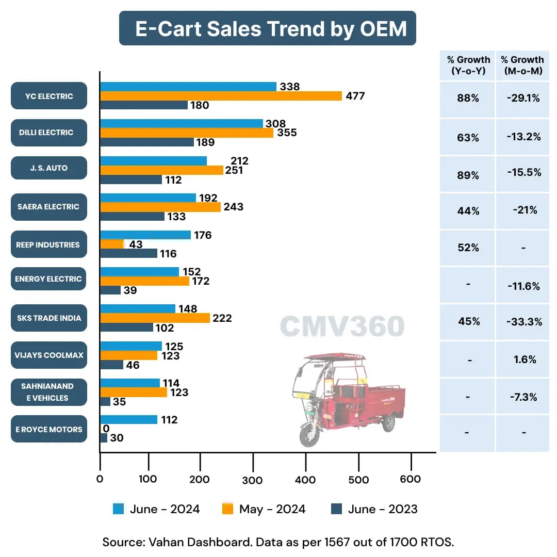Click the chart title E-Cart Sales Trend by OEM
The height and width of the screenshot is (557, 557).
(x=267, y=28)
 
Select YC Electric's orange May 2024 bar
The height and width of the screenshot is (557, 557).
(x=221, y=96)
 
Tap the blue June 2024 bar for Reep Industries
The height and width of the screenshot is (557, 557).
(x=145, y=235)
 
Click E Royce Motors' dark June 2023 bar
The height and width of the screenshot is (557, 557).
(x=104, y=438)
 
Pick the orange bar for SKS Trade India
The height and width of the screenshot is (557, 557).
(x=155, y=318)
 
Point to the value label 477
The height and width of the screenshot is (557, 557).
(x=355, y=96)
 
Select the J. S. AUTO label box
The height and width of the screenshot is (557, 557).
(x=49, y=168)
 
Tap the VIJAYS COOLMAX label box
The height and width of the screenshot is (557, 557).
(x=49, y=355)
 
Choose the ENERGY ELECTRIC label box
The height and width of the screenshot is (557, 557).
(x=49, y=279)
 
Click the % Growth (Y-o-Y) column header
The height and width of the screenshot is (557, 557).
(x=468, y=65)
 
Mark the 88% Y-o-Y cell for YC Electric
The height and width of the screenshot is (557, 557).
(x=468, y=98)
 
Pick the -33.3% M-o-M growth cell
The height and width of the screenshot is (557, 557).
(x=523, y=322)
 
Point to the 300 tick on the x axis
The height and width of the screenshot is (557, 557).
(x=253, y=480)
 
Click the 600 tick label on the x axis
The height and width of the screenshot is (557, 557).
(x=411, y=479)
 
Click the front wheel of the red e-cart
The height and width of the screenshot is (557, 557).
(x=308, y=433)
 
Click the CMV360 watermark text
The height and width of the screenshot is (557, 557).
(x=342, y=326)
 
